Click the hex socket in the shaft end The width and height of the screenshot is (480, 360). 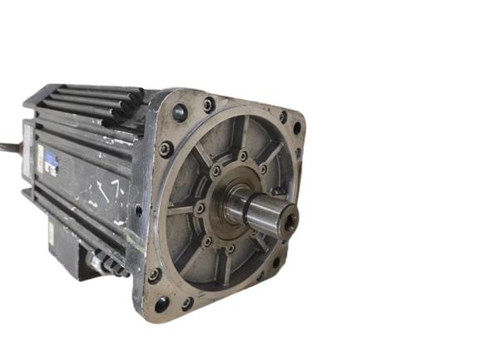click(289, 220)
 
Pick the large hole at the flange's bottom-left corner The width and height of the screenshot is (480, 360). click(161, 303)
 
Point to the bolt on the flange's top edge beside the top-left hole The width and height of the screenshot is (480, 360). click(208, 106)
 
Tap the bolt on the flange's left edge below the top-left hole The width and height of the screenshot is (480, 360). click(166, 150)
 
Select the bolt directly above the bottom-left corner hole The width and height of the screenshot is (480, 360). click(154, 274)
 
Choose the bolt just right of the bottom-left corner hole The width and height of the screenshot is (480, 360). click(188, 303)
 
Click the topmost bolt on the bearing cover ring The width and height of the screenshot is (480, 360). click(242, 155)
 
